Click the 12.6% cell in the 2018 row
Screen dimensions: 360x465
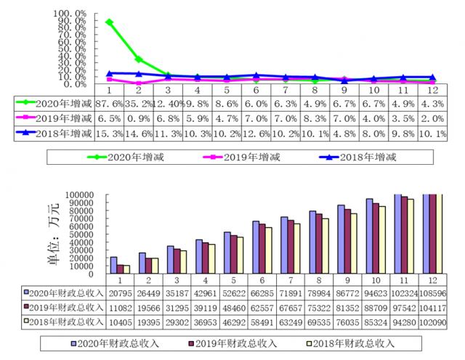[256, 133]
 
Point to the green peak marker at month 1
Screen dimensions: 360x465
[109, 22]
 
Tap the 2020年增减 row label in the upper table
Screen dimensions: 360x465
[57, 104]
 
